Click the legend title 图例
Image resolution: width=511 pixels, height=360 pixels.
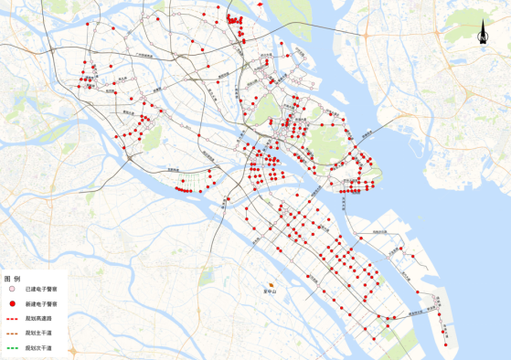point(12,278)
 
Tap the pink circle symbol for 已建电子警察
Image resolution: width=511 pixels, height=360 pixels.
point(13,289)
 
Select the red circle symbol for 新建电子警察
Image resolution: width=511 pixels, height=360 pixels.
point(13,303)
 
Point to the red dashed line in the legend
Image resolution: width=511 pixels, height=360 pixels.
point(13,318)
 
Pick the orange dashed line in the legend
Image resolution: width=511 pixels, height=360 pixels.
point(13,333)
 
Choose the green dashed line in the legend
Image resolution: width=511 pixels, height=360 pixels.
point(13,348)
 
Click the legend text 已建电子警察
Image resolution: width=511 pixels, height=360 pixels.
point(42,289)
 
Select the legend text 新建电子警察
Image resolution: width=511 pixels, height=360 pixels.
point(42,303)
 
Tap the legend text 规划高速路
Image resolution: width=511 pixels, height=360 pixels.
point(39,318)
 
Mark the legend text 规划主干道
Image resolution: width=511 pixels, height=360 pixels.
point(39,333)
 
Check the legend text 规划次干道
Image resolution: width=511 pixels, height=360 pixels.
point(39,348)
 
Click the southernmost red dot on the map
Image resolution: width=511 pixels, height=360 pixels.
point(446,344)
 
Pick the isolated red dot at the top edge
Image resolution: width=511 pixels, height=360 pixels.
point(261,5)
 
